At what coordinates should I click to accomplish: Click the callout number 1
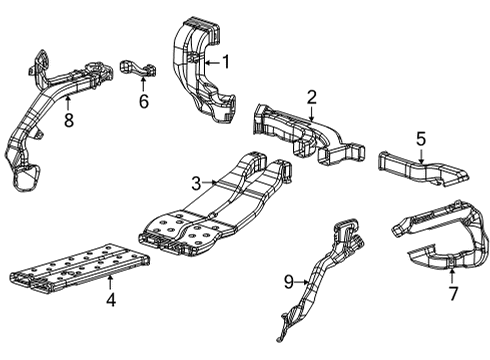pos(226,62)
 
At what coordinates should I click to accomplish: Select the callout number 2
pos(312,96)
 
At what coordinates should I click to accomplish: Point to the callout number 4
pos(110,299)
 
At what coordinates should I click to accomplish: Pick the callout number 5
pos(421,139)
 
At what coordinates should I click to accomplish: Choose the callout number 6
pos(143,101)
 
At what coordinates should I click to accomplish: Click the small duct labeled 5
pos(420,168)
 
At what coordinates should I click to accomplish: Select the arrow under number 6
pos(143,84)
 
